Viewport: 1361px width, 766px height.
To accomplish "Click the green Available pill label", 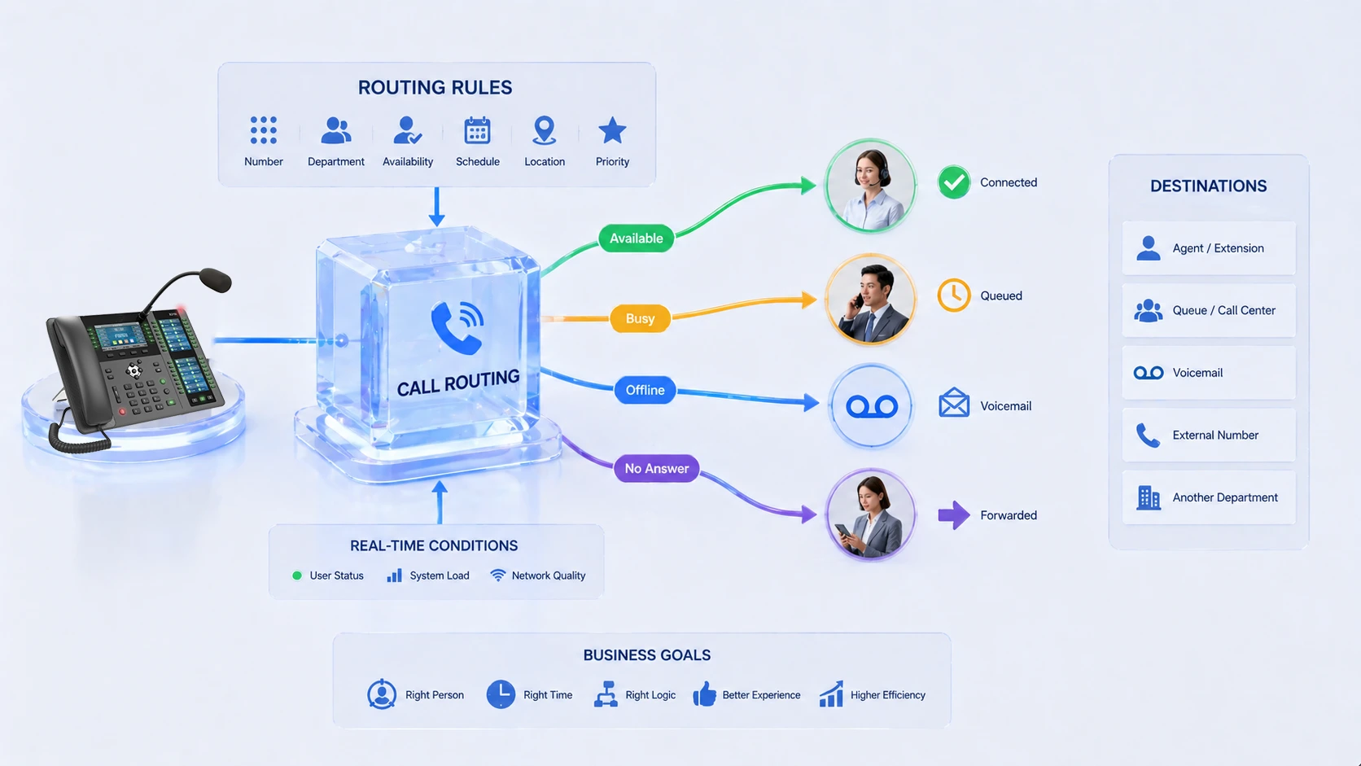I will [636, 239].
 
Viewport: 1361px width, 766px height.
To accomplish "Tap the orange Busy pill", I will [640, 318].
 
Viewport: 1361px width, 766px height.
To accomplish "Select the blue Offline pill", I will [645, 390].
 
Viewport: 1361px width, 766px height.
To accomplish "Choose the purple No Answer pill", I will [656, 468].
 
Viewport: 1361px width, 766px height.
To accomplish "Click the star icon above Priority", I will [612, 130].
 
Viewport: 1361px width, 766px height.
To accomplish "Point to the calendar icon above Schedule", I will [477, 130].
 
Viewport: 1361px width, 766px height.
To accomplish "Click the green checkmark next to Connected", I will [953, 182].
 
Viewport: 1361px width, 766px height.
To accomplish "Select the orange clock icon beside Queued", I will [953, 295].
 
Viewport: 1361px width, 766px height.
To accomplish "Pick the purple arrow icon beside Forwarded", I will [953, 514].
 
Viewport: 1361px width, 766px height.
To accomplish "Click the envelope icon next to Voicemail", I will [953, 403].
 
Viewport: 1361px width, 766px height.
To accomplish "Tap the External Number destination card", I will [1208, 436].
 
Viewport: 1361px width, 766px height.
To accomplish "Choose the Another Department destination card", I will [1208, 497].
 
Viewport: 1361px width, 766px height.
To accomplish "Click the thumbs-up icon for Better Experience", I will [704, 694].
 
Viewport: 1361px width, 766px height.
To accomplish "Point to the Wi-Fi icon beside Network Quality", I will [497, 576].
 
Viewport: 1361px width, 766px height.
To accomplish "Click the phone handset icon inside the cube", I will [456, 326].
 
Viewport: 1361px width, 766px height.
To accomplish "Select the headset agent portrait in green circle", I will [870, 186].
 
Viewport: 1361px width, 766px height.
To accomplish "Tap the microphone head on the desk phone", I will [215, 281].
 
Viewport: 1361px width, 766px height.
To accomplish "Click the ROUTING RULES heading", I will [435, 88].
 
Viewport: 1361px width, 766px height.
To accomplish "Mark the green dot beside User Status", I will [297, 576].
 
